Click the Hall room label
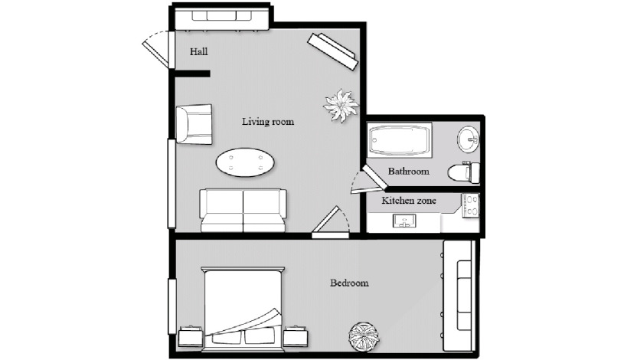coord(198,52)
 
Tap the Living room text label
coord(268,122)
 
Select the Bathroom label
coord(408,172)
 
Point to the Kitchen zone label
coord(409,201)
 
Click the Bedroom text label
coord(349,283)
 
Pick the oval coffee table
coord(245,162)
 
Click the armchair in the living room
coord(194,124)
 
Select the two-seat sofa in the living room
coord(243,211)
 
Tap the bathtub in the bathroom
coord(400,139)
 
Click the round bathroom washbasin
coord(469,139)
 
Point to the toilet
coord(464,172)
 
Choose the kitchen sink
coord(404,221)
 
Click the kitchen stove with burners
coord(470,205)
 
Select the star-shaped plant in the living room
coord(341,105)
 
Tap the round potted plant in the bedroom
coord(364,337)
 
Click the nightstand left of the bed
coord(191,337)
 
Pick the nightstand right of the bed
coord(296,337)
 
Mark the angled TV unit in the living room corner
coord(333,52)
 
